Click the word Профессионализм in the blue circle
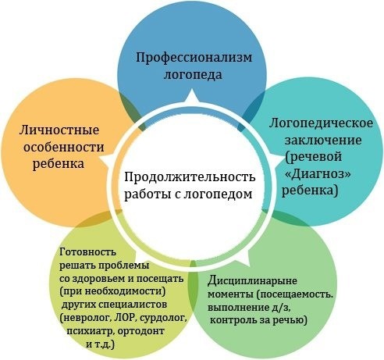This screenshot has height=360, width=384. click(x=194, y=58)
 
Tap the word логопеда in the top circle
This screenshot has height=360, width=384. click(x=193, y=75)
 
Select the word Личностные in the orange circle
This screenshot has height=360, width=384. click(x=59, y=130)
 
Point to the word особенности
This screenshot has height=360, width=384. click(x=64, y=147)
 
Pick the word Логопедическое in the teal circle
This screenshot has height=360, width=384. click(x=321, y=124)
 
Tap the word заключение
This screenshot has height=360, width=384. click(x=323, y=141)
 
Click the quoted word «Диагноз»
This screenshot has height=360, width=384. click(x=318, y=174)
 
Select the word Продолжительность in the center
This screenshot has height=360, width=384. click(x=190, y=177)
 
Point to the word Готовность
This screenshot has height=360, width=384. click(x=87, y=252)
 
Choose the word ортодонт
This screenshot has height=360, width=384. click(x=140, y=331)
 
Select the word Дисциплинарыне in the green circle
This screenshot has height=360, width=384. click(x=252, y=281)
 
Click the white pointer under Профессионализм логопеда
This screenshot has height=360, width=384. click(x=192, y=97)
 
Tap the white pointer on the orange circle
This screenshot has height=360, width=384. click(x=106, y=159)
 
